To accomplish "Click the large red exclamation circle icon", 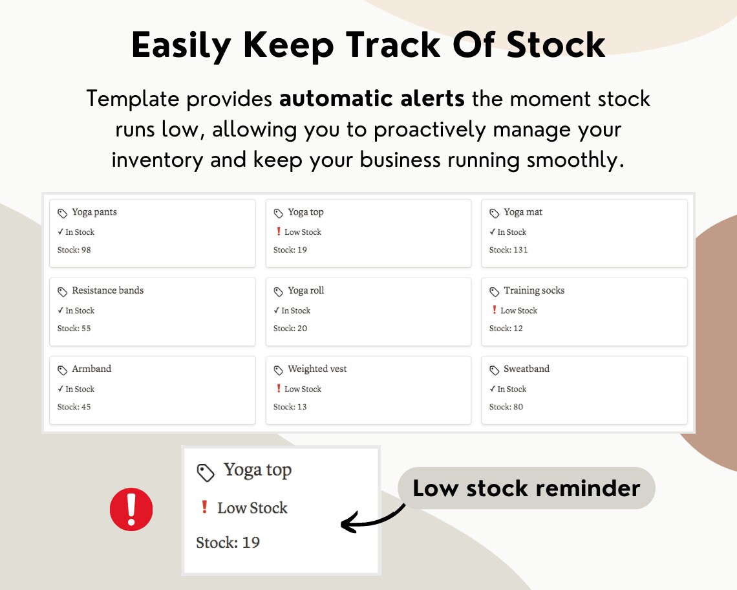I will [x=131, y=510].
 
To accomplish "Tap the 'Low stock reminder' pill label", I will [x=526, y=488].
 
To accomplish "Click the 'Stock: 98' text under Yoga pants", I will [x=74, y=250].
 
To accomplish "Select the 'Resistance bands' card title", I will [x=107, y=290].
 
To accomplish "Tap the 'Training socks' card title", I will [x=534, y=290].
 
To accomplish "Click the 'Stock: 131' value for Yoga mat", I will [x=508, y=250].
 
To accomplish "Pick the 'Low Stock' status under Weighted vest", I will [x=303, y=389].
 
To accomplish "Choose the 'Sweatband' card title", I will [x=526, y=369].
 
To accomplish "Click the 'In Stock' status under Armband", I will [x=80, y=389].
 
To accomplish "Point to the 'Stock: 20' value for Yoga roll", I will [x=290, y=328].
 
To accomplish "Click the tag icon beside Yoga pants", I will [x=63, y=213].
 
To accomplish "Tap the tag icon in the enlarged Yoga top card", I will [x=206, y=473].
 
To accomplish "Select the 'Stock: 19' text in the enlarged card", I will [x=228, y=542].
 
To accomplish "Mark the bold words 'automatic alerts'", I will [x=372, y=99].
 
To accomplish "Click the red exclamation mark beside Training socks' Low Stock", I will [x=495, y=310].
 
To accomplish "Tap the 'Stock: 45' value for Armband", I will [x=74, y=407].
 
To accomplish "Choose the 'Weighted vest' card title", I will [x=317, y=369].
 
